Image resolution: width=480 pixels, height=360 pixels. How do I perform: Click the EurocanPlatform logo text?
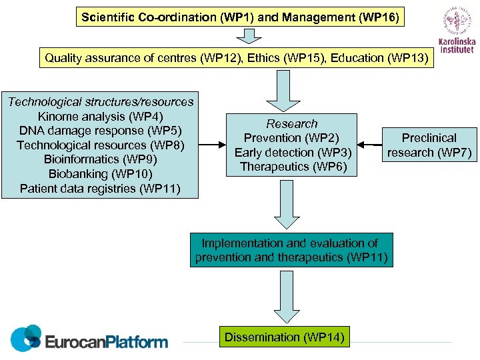coord(107,342)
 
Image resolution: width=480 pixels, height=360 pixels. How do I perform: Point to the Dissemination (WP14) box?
coord(285,337)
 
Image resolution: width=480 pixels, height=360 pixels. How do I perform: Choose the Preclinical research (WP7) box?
coord(429,145)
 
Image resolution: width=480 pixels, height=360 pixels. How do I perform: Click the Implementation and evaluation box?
coord(291,250)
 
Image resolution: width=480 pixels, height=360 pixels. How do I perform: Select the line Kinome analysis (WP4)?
coord(101,117)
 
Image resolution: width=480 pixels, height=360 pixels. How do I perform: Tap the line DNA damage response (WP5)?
coord(101,131)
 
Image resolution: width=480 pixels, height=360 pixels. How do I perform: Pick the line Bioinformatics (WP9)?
coord(101,159)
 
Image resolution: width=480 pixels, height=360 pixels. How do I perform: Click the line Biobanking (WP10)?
coord(101,174)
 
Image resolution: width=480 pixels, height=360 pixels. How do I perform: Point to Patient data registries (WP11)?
coord(101,189)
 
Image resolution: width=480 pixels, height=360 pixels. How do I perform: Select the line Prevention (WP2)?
coord(292,138)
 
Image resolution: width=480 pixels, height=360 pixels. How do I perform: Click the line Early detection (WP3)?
coord(292,152)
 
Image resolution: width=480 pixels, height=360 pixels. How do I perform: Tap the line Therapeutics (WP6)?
coord(292,167)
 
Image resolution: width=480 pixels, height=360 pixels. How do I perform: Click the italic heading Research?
coord(292,123)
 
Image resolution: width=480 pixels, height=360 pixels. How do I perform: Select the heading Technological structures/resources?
coord(101,102)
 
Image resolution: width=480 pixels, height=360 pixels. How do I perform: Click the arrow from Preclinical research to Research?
coord(369,144)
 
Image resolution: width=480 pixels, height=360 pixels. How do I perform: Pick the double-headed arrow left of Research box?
coord(213,144)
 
